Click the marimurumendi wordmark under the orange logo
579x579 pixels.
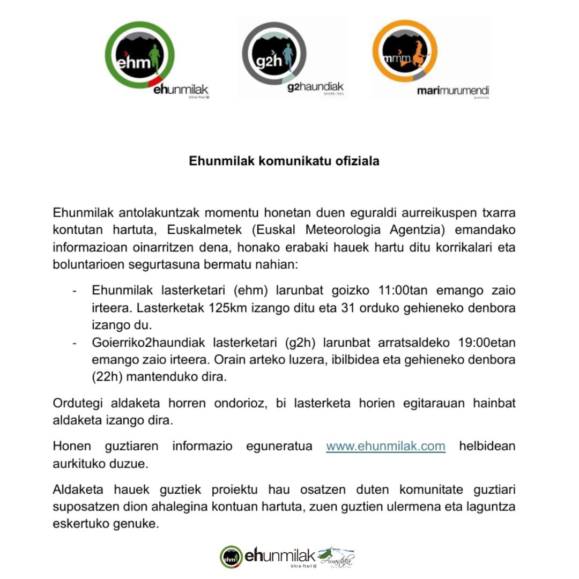[x=453, y=91]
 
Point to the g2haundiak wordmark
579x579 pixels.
[x=315, y=87]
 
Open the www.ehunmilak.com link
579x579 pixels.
[x=385, y=446]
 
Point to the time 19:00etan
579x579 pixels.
[x=487, y=342]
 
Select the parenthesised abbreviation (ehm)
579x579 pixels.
[x=250, y=291]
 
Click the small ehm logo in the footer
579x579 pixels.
[x=231, y=557]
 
